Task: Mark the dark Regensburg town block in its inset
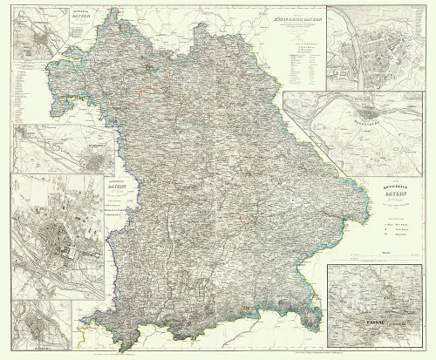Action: click(375, 112)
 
